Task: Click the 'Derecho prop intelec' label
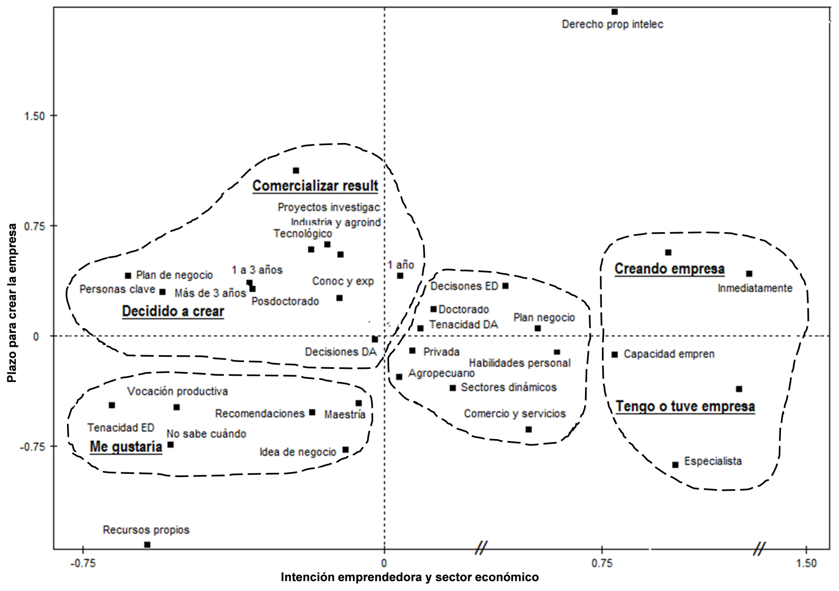pyautogui.click(x=612, y=24)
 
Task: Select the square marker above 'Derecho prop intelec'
pyautogui.click(x=615, y=12)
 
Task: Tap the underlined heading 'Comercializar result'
pyautogui.click(x=315, y=186)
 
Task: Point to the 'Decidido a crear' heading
pyautogui.click(x=173, y=311)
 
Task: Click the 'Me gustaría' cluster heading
pyautogui.click(x=126, y=447)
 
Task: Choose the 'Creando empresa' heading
pyautogui.click(x=670, y=269)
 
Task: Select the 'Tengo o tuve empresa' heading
pyautogui.click(x=685, y=406)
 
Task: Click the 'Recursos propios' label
pyautogui.click(x=146, y=530)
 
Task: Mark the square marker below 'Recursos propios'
pyautogui.click(x=147, y=545)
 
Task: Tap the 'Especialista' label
pyautogui.click(x=713, y=461)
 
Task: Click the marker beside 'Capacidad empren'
pyautogui.click(x=615, y=355)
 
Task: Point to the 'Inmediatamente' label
pyautogui.click(x=755, y=288)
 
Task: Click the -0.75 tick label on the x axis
pyautogui.click(x=83, y=563)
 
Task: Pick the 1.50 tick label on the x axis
pyautogui.click(x=806, y=563)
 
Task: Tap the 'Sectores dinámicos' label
pyautogui.click(x=508, y=387)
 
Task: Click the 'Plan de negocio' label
pyautogui.click(x=174, y=275)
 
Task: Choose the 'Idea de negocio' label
pyautogui.click(x=298, y=452)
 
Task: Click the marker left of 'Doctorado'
pyautogui.click(x=433, y=309)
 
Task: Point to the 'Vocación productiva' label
pyautogui.click(x=177, y=392)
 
